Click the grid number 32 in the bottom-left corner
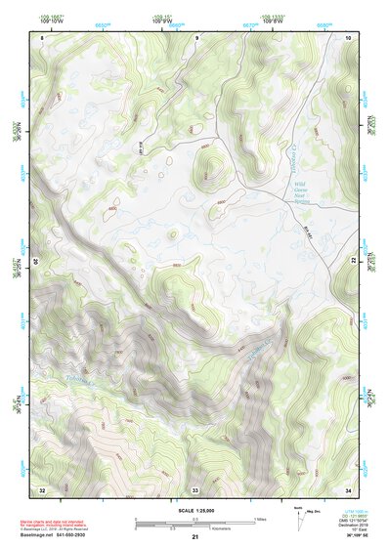click(x=42, y=487)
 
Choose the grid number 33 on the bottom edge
click(x=195, y=487)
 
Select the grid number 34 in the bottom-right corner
click(x=348, y=487)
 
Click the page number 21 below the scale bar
click(x=195, y=537)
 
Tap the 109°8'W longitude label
click(x=273, y=21)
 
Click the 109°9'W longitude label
click(x=161, y=21)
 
